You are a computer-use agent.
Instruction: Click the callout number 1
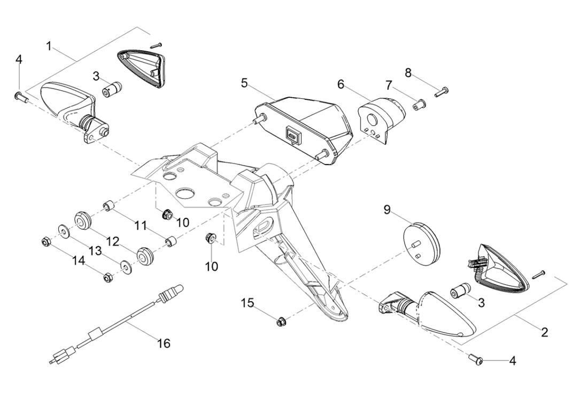(x=49, y=46)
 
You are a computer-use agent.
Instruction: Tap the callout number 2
(x=544, y=332)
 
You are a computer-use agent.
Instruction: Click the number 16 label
(x=164, y=343)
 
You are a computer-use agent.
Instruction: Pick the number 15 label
(x=246, y=303)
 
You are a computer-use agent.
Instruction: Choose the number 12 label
(x=112, y=242)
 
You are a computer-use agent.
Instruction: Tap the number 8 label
(x=408, y=73)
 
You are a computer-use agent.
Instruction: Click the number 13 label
(x=94, y=250)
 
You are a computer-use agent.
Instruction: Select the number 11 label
(x=140, y=225)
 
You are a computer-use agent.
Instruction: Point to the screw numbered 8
(x=442, y=92)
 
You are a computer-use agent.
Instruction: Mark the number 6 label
(x=341, y=84)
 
